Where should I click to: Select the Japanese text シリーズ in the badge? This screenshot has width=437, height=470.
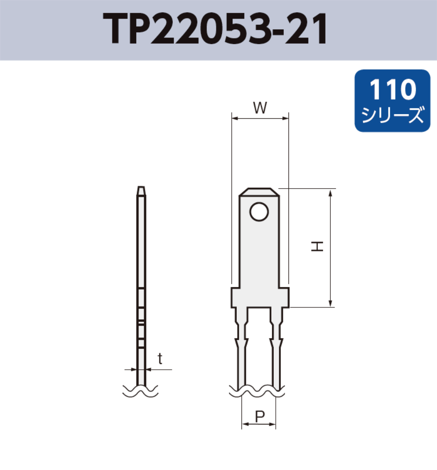[x=392, y=115]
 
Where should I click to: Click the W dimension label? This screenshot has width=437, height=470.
[x=260, y=108]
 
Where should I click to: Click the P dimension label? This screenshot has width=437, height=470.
[x=260, y=416]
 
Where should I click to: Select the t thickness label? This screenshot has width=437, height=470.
[x=160, y=359]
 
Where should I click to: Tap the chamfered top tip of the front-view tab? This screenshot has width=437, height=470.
[x=259, y=191]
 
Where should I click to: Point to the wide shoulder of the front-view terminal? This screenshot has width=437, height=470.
[x=260, y=297]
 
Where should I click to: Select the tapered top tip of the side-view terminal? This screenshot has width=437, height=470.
[x=141, y=190]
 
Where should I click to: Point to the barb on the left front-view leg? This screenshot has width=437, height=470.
[x=242, y=341]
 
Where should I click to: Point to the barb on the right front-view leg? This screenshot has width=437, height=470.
[x=276, y=341]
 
